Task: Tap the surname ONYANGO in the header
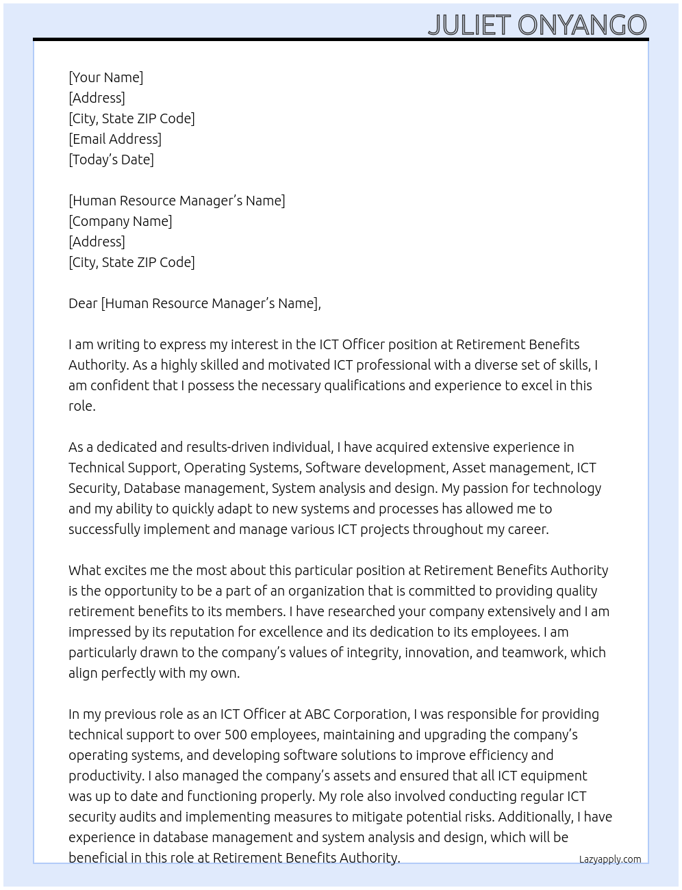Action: pyautogui.click(x=582, y=25)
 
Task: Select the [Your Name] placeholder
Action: pyautogui.click(x=105, y=77)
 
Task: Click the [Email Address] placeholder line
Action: pyautogui.click(x=115, y=139)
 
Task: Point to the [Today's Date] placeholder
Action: pyautogui.click(x=111, y=160)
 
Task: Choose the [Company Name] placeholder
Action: pyautogui.click(x=120, y=221)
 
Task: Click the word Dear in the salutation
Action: pyautogui.click(x=83, y=303)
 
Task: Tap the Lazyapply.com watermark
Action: pyautogui.click(x=609, y=859)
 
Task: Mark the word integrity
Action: pyautogui.click(x=372, y=652)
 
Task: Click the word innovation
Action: pyautogui.click(x=437, y=652)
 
